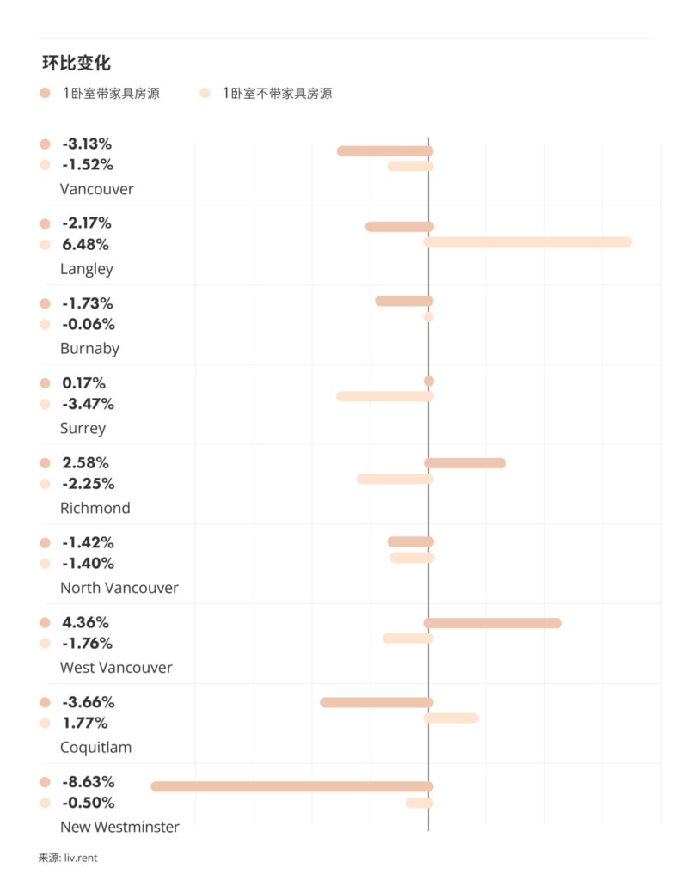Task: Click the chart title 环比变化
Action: point(77,64)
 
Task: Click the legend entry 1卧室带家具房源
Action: point(110,93)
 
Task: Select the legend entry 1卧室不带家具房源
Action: point(276,93)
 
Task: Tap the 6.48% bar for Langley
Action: point(528,242)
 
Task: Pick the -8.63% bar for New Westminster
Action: point(292,786)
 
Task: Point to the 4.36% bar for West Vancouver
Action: point(493,623)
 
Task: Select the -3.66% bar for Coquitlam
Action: point(377,702)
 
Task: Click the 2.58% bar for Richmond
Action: point(465,463)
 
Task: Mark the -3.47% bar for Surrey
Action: point(385,396)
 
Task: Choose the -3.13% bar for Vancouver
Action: point(385,151)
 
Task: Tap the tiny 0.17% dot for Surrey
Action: point(429,381)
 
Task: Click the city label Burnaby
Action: point(89,349)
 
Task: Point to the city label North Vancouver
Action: point(119,588)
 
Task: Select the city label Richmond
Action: point(95,508)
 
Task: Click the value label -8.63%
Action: point(88,782)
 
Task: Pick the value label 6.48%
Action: point(85,244)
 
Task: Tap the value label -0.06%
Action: point(88,324)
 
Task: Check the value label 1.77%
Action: point(85,723)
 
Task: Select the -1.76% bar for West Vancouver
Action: point(408,639)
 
